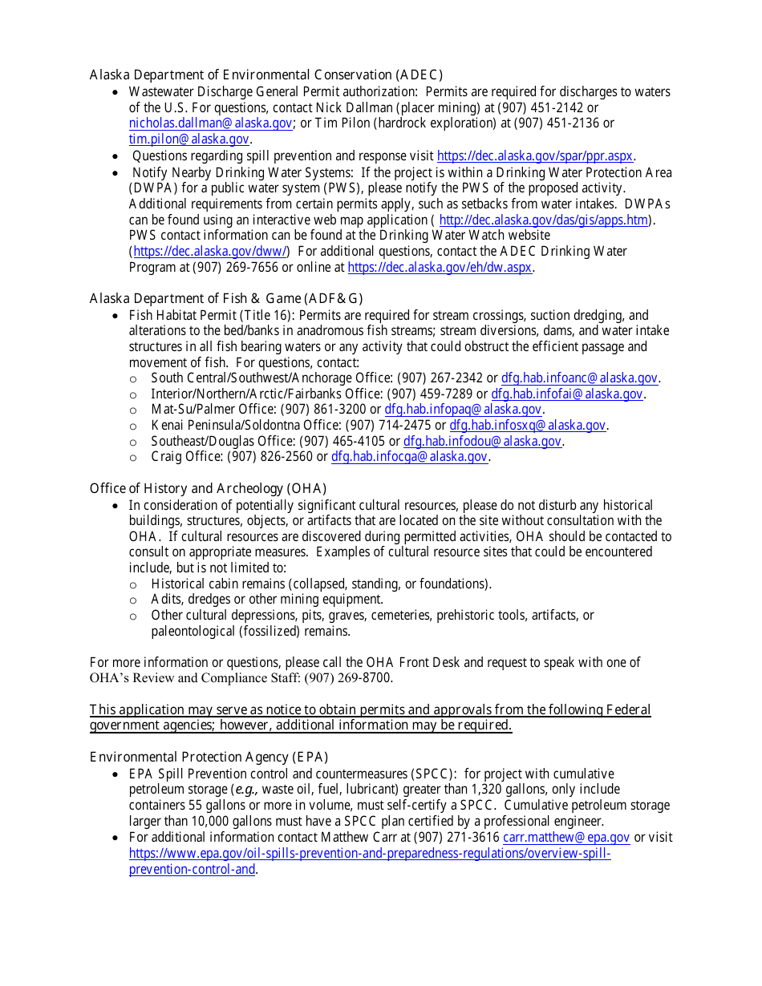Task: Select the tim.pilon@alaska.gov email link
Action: (x=188, y=139)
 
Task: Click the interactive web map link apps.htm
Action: (x=544, y=220)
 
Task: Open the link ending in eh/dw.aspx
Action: (x=440, y=268)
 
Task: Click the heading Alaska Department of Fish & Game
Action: (x=221, y=299)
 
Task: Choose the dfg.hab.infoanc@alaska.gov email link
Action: (x=580, y=378)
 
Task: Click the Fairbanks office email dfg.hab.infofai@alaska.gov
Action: (x=567, y=394)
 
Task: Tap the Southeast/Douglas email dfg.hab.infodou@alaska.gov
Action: (x=482, y=442)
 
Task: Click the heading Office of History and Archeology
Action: (x=208, y=489)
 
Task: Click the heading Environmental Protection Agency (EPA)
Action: (x=209, y=758)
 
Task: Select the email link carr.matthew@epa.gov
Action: (x=566, y=838)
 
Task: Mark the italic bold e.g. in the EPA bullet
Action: (x=246, y=790)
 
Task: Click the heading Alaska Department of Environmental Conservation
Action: (x=265, y=75)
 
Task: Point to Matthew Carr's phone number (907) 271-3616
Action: (x=457, y=838)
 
